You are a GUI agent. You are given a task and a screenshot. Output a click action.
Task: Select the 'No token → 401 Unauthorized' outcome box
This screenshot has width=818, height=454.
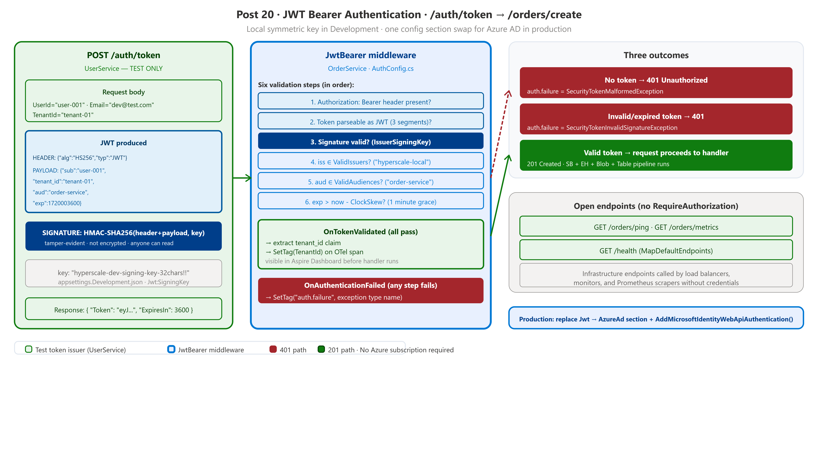656,82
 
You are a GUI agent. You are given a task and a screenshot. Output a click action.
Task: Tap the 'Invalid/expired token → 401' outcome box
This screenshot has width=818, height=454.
656,119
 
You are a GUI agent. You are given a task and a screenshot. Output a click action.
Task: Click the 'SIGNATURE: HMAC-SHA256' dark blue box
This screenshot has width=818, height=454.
123,236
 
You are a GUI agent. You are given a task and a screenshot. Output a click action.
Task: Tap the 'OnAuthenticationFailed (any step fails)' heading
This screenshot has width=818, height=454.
371,285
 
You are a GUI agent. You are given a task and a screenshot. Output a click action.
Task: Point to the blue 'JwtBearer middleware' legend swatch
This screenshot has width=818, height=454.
171,349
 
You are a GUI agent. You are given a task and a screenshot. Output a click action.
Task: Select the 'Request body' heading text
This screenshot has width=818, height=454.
123,92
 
